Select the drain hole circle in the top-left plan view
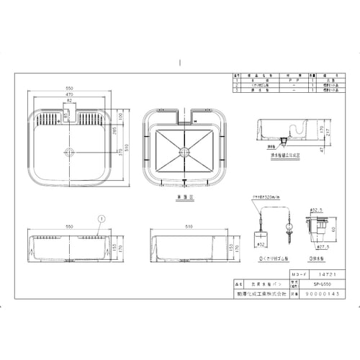(70, 151)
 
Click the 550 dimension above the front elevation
(69, 225)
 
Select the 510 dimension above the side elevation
(189, 225)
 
